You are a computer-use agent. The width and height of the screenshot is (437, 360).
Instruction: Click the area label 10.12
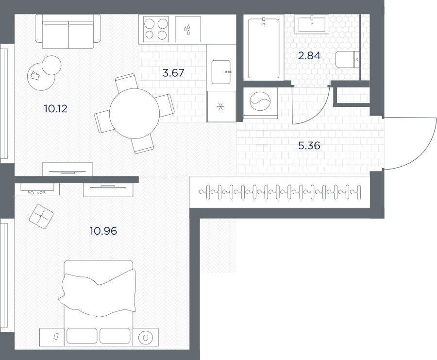click(56, 108)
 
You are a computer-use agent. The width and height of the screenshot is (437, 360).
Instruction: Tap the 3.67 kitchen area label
click(173, 73)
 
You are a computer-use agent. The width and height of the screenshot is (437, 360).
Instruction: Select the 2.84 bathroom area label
click(309, 56)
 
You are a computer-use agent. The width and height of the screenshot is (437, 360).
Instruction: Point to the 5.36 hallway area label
click(309, 146)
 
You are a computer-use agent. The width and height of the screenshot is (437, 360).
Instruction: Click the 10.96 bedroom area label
click(103, 231)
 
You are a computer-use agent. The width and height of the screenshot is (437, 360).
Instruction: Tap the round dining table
click(134, 114)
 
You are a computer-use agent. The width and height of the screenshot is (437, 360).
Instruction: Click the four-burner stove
click(156, 29)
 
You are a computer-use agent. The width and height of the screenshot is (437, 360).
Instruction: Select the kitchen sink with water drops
click(188, 29)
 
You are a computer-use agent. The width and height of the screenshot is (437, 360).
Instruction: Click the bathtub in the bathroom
click(264, 48)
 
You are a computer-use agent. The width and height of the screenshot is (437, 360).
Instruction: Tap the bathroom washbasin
click(312, 25)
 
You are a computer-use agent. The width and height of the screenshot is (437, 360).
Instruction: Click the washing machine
click(260, 103)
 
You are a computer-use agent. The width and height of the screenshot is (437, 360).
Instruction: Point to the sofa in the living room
click(68, 32)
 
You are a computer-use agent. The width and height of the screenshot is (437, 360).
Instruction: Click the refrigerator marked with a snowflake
click(221, 106)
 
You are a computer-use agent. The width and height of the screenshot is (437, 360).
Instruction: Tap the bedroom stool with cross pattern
click(41, 217)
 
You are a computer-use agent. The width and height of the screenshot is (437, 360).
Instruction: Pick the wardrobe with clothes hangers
click(280, 192)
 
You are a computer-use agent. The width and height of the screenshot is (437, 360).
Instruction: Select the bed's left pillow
click(82, 336)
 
